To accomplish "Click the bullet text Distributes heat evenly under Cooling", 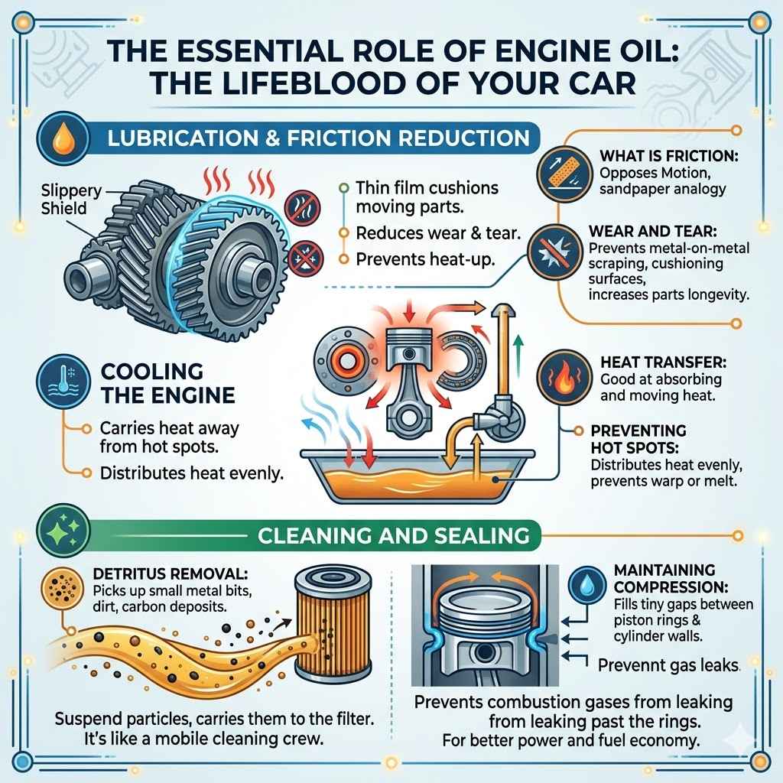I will click(192, 473).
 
